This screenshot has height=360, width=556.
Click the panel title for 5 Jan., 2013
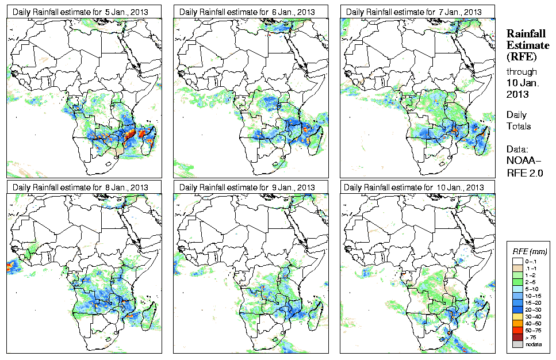82,12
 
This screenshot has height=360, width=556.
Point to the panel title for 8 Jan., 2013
82,187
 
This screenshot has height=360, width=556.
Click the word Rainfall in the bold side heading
526,34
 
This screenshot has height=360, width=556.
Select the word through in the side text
522,72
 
